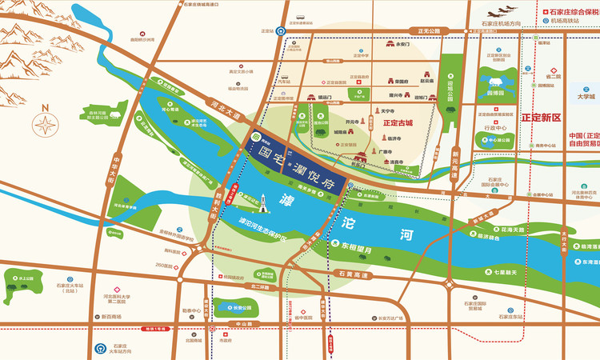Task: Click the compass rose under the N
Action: (x=46, y=125)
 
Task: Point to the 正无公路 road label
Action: (x=429, y=31)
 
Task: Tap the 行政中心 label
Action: (x=496, y=127)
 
